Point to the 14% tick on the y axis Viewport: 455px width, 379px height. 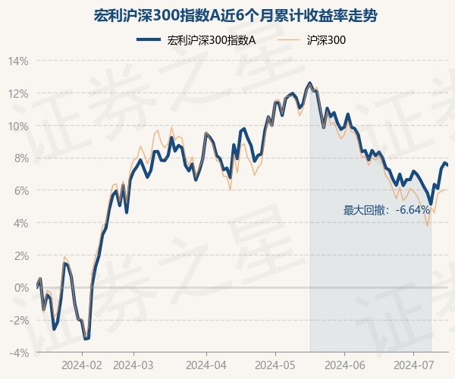[x=20, y=61]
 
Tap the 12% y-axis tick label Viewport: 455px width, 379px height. [x=20, y=93]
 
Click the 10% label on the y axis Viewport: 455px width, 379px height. [x=20, y=126]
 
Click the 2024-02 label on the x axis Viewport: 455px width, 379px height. [x=83, y=365]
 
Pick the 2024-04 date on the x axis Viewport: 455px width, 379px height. [x=206, y=365]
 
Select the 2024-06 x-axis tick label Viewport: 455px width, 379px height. [x=344, y=365]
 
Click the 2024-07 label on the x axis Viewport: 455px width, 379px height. [x=414, y=365]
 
